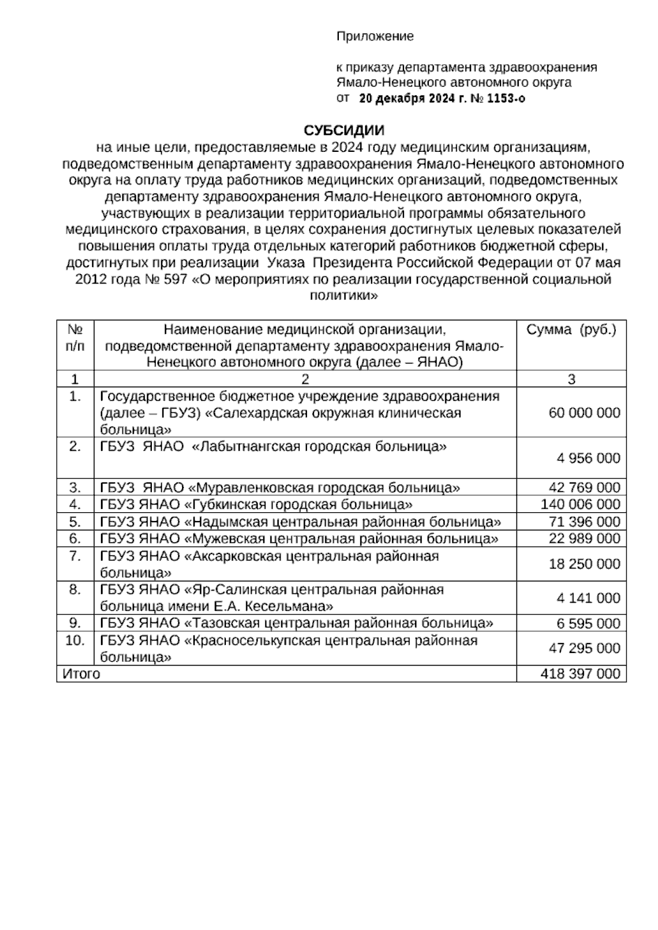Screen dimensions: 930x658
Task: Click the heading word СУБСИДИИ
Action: [344, 131]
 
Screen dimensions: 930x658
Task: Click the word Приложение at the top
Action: [375, 37]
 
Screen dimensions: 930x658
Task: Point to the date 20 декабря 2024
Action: [404, 99]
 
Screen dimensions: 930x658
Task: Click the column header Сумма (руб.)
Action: [571, 330]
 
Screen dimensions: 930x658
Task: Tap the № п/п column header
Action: [75, 338]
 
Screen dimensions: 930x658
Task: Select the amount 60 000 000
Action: [584, 413]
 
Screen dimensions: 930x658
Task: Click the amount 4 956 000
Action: [588, 458]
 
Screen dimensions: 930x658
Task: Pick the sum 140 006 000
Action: [580, 504]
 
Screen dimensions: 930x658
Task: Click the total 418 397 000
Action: [580, 674]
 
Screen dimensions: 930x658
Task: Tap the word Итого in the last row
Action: [81, 674]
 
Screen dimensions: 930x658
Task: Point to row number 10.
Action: [75, 640]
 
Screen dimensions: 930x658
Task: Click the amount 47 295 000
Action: [584, 649]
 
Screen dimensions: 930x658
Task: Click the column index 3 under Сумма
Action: [571, 379]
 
